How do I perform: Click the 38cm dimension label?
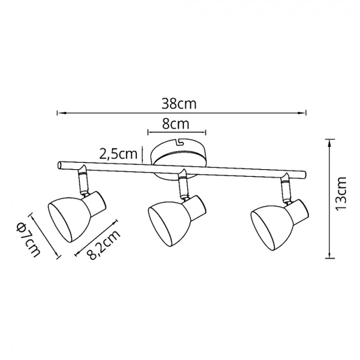(179, 104)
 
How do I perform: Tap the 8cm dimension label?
(175, 124)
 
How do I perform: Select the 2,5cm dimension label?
(118, 154)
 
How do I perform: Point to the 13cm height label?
(341, 194)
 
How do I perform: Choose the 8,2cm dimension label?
(104, 245)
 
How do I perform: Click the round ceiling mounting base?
(178, 159)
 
